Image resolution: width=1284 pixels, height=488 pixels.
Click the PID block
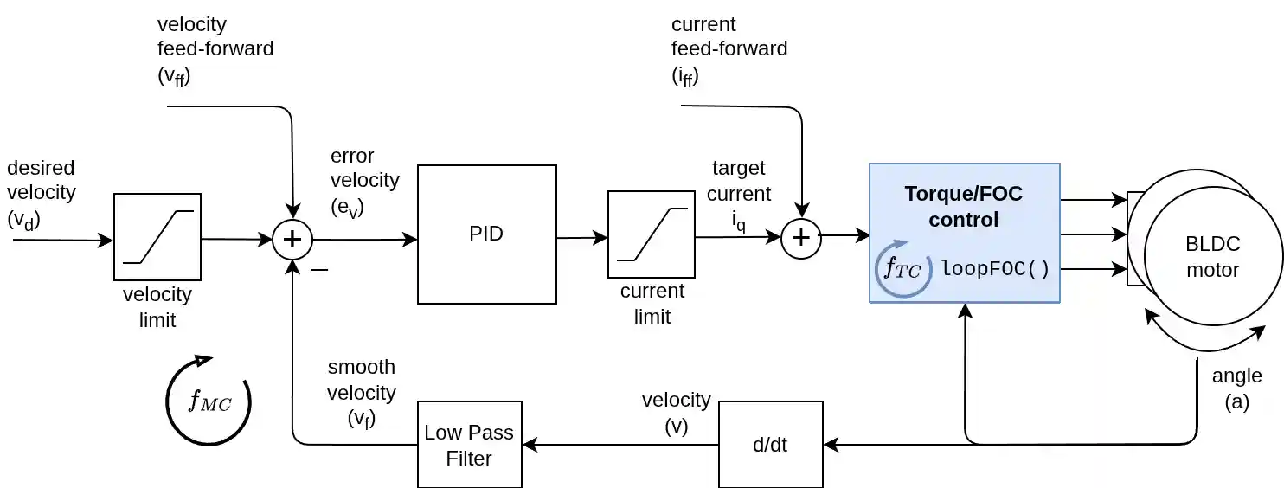486,234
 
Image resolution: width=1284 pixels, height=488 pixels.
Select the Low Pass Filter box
469,445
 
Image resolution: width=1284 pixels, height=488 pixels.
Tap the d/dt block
770,445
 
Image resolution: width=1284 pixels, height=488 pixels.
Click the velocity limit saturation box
157,236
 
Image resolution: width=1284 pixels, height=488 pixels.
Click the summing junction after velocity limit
292,240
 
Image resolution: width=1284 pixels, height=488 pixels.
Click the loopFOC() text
995,268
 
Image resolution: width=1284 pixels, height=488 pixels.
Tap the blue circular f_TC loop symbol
903,268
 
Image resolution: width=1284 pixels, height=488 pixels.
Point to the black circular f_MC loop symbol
209,401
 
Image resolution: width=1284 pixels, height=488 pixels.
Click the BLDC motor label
1212,256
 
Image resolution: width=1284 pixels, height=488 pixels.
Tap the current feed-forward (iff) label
729,49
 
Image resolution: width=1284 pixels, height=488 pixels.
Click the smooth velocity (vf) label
361,393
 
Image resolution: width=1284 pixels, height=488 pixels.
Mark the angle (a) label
1236,388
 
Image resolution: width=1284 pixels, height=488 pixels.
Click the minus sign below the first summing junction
318,270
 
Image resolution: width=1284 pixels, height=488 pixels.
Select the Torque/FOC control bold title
963,206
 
